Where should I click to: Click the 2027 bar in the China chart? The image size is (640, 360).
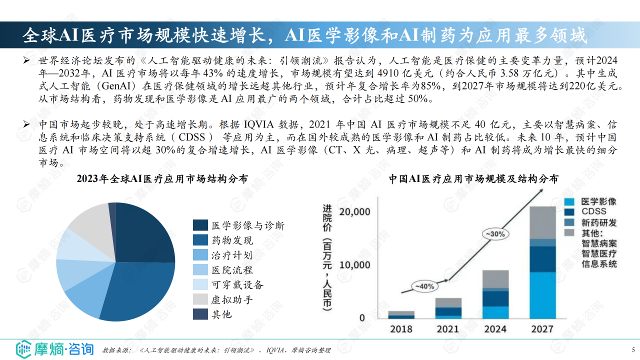click(542, 262)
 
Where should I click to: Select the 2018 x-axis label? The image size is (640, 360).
click(401, 328)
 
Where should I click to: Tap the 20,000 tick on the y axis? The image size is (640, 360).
click(355, 212)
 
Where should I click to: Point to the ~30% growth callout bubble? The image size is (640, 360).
click(495, 233)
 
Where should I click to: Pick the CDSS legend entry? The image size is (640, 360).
click(593, 212)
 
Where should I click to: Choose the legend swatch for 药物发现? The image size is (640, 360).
click(200, 240)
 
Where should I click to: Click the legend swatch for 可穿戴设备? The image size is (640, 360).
click(200, 284)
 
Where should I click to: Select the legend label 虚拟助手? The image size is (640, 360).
click(232, 299)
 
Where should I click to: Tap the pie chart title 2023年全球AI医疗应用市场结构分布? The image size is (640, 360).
click(162, 179)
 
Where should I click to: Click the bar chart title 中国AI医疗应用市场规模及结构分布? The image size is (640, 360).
click(473, 179)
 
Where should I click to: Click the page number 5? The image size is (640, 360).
click(633, 349)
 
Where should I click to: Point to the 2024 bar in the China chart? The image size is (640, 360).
click(495, 294)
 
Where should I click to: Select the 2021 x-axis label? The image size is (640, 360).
click(448, 328)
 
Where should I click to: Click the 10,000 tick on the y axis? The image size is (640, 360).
click(355, 265)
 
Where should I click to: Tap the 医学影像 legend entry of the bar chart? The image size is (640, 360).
click(598, 201)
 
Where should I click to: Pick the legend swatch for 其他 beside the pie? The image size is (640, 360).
click(200, 314)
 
